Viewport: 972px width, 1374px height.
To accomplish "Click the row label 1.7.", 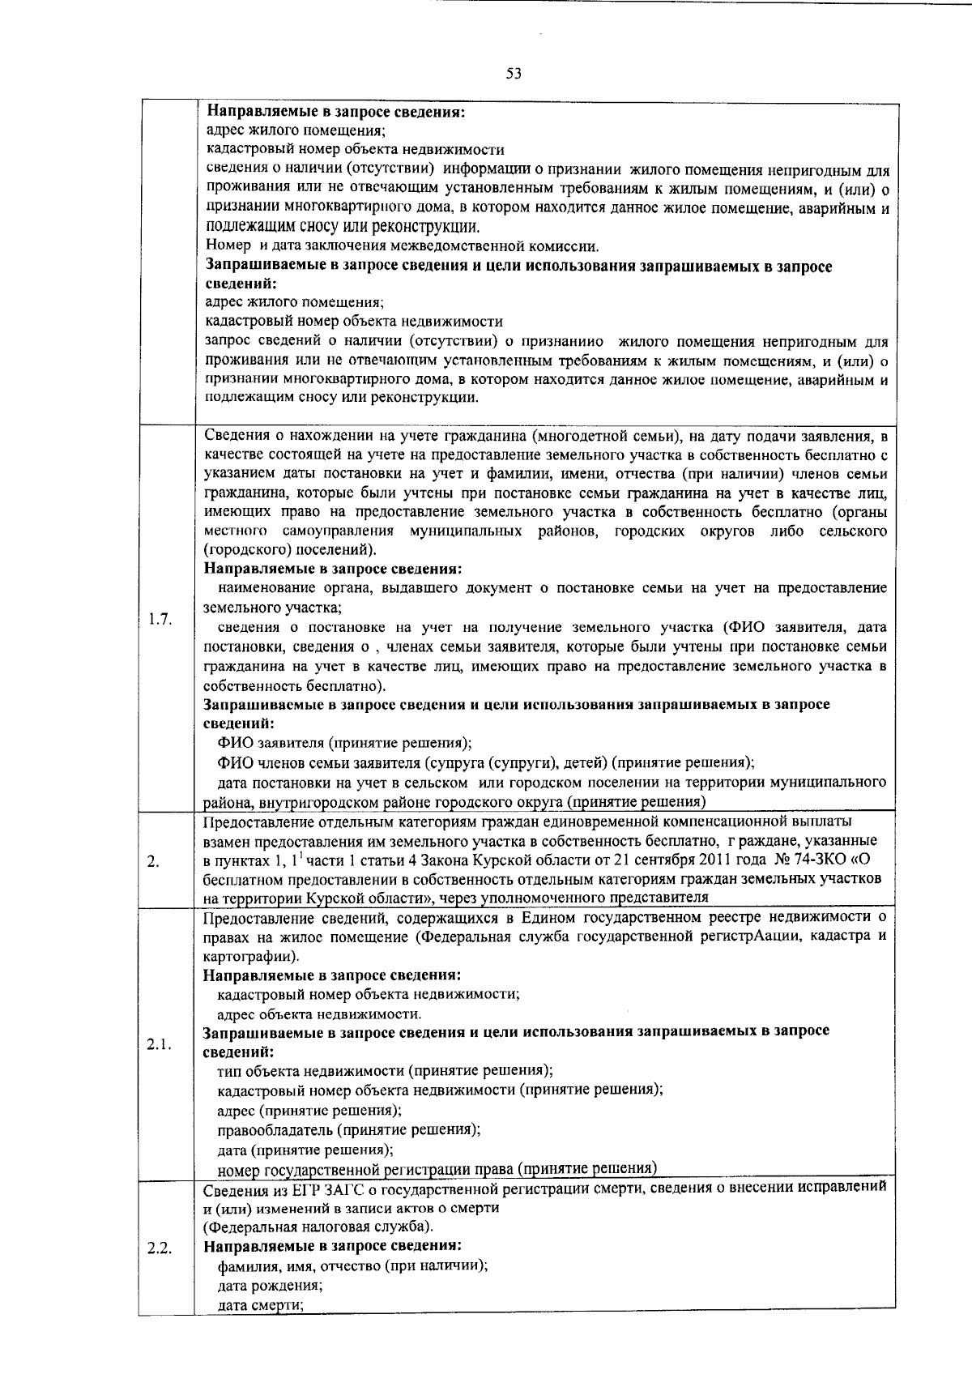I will (x=160, y=620).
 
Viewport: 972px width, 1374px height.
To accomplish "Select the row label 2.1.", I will (x=160, y=1044).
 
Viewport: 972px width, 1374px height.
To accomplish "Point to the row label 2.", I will (x=153, y=860).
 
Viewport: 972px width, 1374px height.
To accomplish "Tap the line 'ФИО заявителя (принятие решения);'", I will (x=344, y=743).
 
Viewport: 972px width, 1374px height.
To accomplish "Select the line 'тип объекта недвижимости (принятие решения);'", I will (x=385, y=1071).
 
